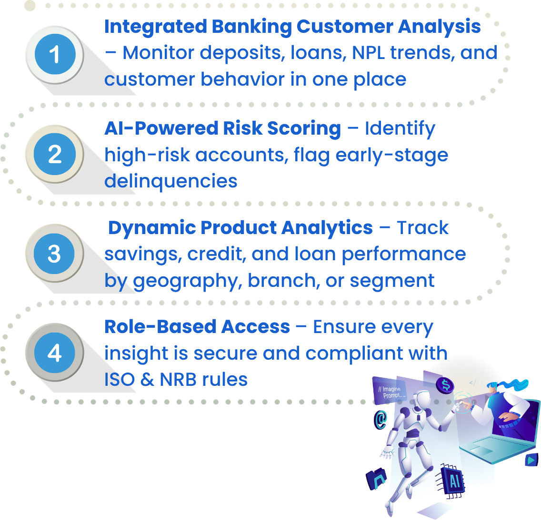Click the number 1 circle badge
tap(55, 54)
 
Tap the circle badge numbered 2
tap(55, 154)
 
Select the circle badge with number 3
tap(54, 254)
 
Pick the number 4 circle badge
tap(54, 353)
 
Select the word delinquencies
tap(171, 181)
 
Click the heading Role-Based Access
tap(197, 327)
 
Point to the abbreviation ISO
tap(120, 380)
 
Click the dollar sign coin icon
tap(445, 384)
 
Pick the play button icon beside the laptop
tap(531, 460)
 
